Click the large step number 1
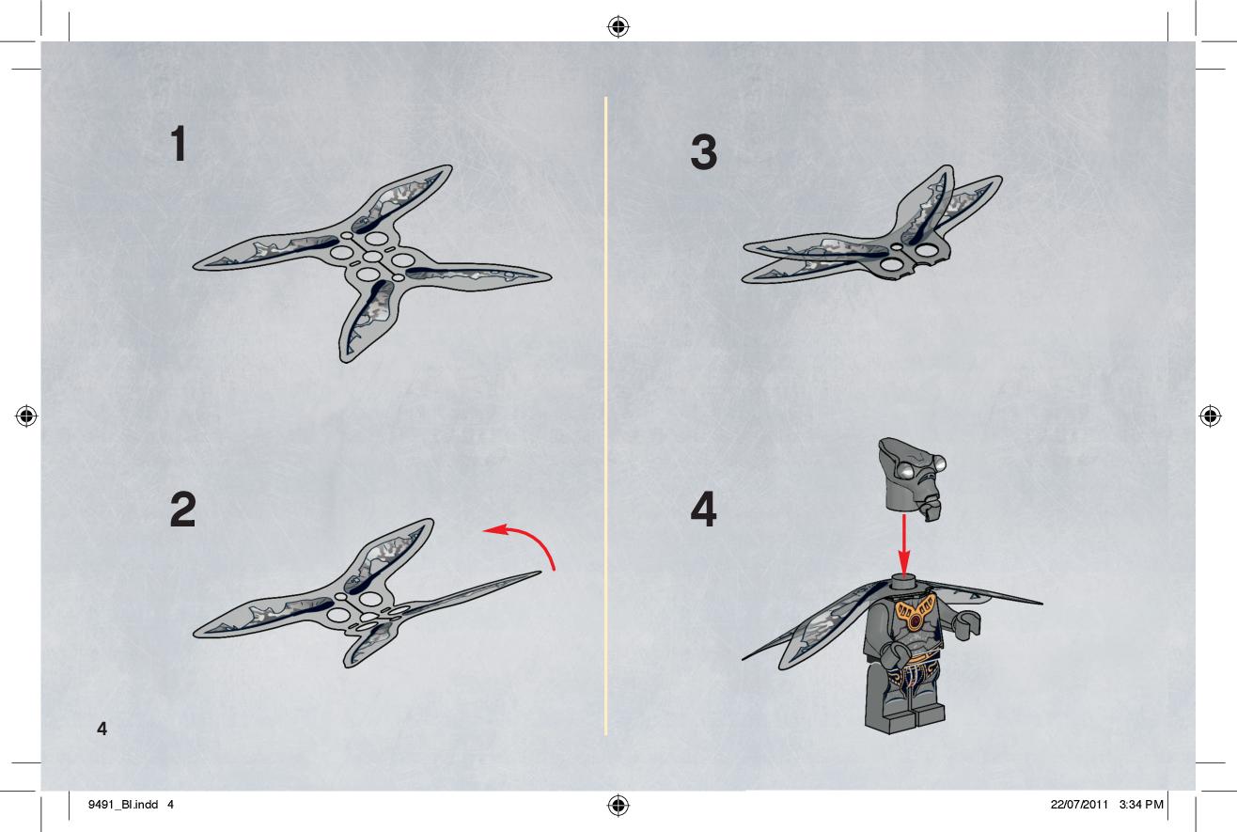coord(179,143)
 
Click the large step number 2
coord(182,510)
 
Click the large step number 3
coord(704,152)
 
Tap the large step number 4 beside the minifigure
coord(703,510)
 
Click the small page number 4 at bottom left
coord(102,729)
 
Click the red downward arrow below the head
coord(904,546)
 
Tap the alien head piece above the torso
coord(912,479)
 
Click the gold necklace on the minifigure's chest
coord(916,613)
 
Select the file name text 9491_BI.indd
coord(123,805)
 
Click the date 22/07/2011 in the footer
coord(1079,805)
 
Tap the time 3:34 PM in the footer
coord(1141,805)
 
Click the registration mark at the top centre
coord(618,26)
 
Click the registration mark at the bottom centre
coord(618,805)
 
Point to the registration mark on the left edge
coord(26,416)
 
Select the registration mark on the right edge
coord(1211,416)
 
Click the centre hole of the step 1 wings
coord(372,257)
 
